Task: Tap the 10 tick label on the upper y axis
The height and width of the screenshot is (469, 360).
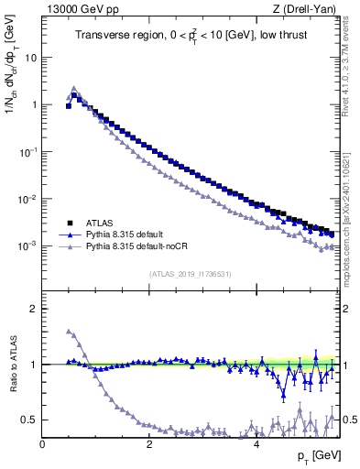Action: tap(29, 57)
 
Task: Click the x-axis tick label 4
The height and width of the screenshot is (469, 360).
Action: tap(256, 442)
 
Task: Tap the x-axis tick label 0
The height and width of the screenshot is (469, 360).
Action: tap(42, 442)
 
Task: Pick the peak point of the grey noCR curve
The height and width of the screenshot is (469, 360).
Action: tap(74, 89)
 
